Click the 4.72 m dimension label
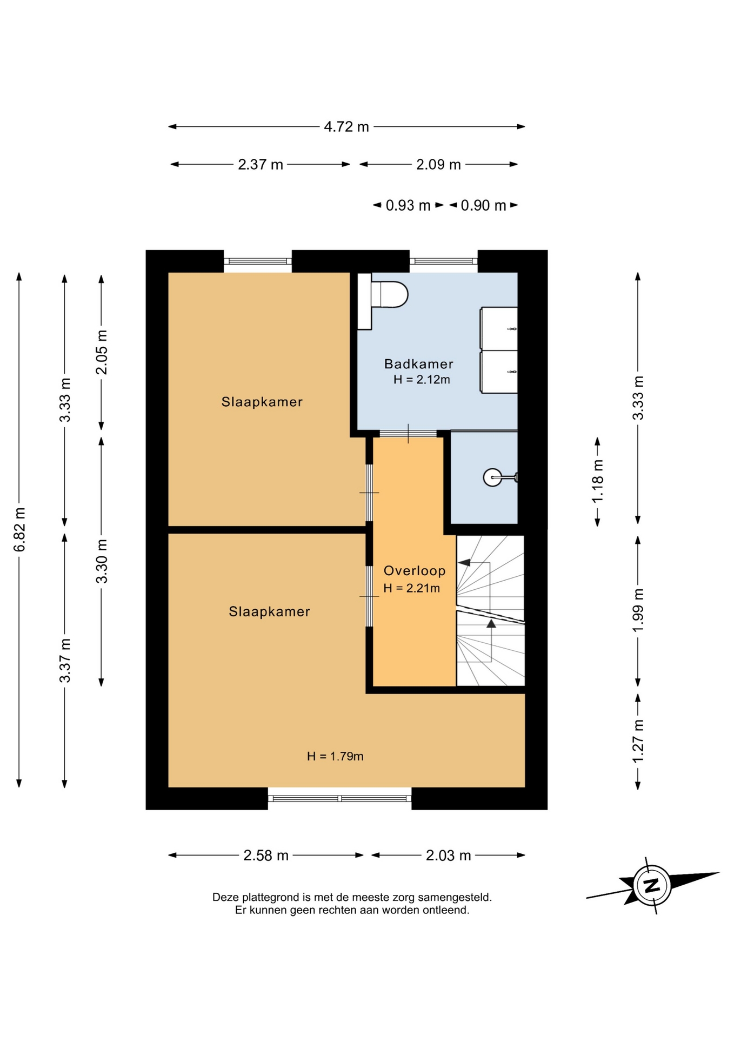point(346,127)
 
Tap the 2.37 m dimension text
point(261,165)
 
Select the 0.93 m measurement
point(408,206)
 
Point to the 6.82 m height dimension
point(19,530)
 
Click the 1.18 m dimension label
point(597,481)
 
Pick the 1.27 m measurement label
point(638,741)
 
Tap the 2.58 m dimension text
point(266,856)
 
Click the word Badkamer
point(419,364)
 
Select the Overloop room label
point(415,571)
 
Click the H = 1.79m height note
point(335,756)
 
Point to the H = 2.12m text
point(422,380)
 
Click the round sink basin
point(492,477)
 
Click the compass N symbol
point(653,886)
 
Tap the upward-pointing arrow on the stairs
point(491,624)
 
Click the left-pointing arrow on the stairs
point(464,563)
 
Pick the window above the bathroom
point(444,261)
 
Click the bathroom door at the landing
point(408,433)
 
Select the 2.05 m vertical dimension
point(102,352)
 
